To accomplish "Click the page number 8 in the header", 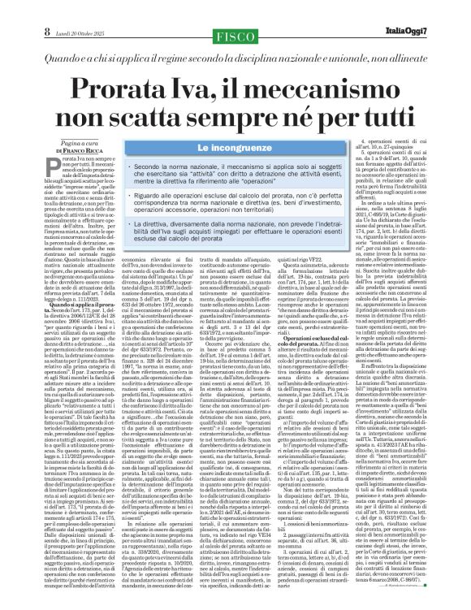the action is (14, 9).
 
